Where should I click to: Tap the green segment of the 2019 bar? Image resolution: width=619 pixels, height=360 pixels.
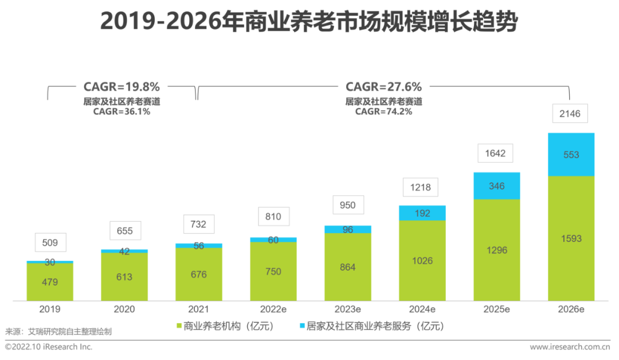coord(50,282)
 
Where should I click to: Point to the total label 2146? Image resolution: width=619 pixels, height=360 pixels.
coord(570,114)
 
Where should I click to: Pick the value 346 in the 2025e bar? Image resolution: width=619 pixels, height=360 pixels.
coord(497,186)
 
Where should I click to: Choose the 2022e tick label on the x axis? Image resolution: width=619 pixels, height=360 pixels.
coord(273,310)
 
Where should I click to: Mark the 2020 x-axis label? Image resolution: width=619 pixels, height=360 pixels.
coord(124,310)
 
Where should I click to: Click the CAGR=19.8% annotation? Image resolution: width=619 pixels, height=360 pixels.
coord(122,87)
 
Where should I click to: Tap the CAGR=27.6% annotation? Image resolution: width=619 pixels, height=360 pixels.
coord(383,87)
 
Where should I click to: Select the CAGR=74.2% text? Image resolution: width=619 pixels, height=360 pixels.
coord(383,112)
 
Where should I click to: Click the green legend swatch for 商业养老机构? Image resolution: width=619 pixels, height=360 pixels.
coord(179,326)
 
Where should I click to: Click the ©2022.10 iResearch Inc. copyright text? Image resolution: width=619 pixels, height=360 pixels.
coord(49,347)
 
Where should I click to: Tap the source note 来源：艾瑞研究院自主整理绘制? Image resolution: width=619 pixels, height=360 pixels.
coord(58,331)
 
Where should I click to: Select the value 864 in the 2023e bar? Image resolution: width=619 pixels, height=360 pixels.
coord(347,267)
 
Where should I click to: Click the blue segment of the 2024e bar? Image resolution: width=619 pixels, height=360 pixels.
coord(422,213)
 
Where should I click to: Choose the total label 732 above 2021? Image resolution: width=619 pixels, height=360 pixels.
coord(198,225)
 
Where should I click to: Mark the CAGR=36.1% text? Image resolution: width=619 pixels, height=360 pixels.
coord(122,112)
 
